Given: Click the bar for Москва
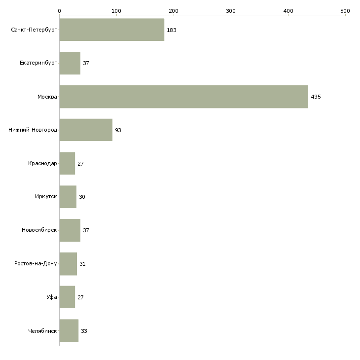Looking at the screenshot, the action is pyautogui.click(x=183, y=97).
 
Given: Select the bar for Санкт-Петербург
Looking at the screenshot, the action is pyautogui.click(x=112, y=30).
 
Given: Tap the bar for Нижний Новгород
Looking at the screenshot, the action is pyautogui.click(x=86, y=130).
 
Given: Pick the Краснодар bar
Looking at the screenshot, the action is pyautogui.click(x=67, y=163).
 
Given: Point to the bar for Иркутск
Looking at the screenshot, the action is pyautogui.click(x=68, y=197).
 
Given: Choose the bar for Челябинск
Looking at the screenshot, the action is pyautogui.click(x=69, y=330).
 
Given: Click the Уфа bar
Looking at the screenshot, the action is pyautogui.click(x=67, y=297).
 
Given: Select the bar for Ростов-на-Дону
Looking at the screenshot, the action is pyautogui.click(x=68, y=264).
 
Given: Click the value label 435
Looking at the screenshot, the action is pyautogui.click(x=316, y=97).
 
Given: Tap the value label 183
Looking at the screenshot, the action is pyautogui.click(x=172, y=30).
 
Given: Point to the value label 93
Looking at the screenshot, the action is pyautogui.click(x=118, y=130).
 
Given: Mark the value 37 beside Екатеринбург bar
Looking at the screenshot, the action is pyautogui.click(x=86, y=63).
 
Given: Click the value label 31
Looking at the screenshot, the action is pyautogui.click(x=82, y=264).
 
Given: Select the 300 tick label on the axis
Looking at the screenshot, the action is pyautogui.click(x=231, y=11).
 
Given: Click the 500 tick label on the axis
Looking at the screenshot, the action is pyautogui.click(x=345, y=11).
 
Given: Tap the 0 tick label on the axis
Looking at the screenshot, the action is pyautogui.click(x=60, y=11).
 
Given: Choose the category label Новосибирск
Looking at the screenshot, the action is pyautogui.click(x=39, y=230).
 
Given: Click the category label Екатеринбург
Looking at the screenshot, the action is pyautogui.click(x=38, y=63).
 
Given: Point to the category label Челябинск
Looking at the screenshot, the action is pyautogui.click(x=42, y=331).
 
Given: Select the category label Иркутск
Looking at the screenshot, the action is pyautogui.click(x=46, y=197).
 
